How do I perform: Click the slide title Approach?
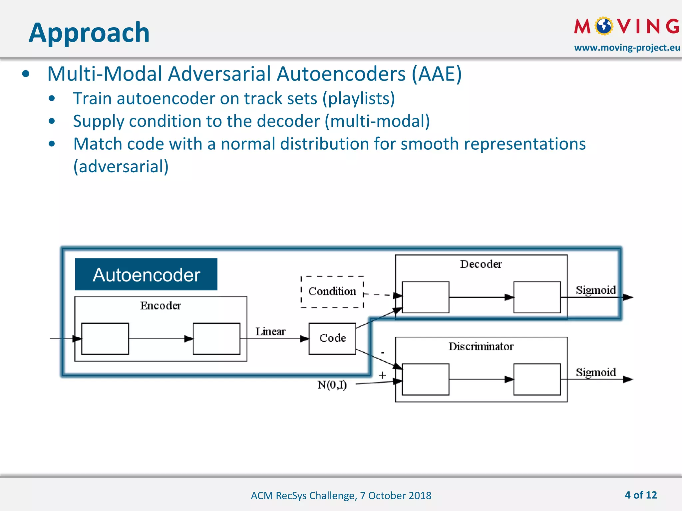[89, 33]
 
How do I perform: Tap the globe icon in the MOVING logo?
[604, 26]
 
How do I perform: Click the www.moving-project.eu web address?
[627, 48]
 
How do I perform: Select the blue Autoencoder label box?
[146, 274]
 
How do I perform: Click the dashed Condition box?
[332, 292]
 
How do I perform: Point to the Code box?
[332, 338]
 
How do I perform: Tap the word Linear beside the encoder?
[270, 332]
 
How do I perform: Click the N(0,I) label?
[332, 385]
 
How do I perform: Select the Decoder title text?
[481, 264]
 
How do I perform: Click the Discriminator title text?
[481, 347]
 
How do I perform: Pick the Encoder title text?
[161, 306]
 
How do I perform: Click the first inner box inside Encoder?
[105, 339]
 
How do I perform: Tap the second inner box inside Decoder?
[537, 297]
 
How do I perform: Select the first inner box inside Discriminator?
[426, 379]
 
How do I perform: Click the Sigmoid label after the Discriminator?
[596, 372]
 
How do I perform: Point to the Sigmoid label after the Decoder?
[596, 290]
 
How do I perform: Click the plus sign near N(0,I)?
[382, 375]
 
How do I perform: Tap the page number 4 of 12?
[641, 495]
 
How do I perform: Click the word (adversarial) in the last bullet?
[121, 166]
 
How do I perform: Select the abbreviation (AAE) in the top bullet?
[437, 74]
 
